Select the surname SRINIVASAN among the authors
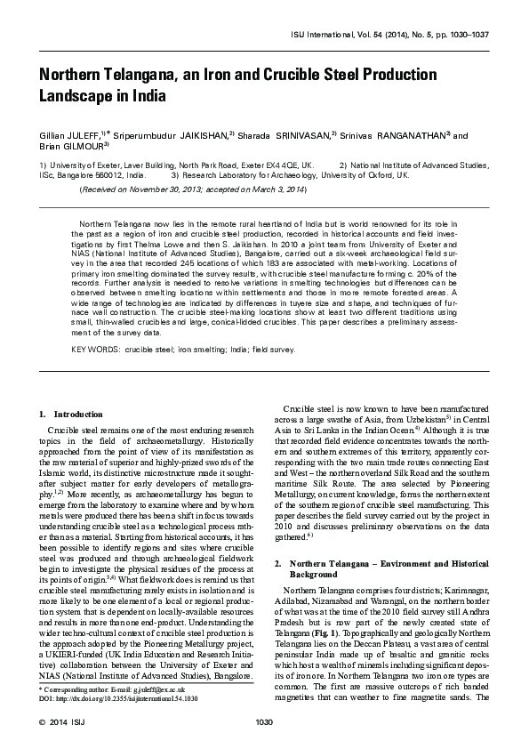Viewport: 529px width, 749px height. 297,134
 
